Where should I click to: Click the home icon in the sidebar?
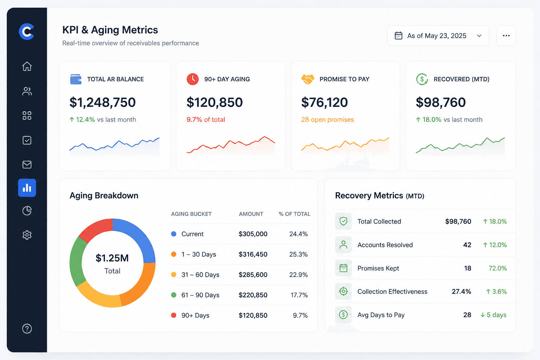coord(27,66)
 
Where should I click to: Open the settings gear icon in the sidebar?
coord(27,235)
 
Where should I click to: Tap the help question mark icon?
coord(27,329)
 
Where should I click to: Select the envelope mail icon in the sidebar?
coord(27,165)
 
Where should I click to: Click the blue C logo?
coord(26,32)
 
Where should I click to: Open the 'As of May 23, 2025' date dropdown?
coord(438,36)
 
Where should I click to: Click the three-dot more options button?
coord(506,36)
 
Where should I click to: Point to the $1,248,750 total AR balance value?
coord(103,102)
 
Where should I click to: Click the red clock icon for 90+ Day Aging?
coord(193,79)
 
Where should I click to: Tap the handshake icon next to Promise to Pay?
coord(308,79)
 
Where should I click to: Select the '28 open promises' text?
coord(327,120)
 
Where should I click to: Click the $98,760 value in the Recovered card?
coord(441,102)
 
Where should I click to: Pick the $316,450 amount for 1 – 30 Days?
coord(253,255)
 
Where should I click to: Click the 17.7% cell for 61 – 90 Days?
coord(299,295)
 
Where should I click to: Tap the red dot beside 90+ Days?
coord(174,315)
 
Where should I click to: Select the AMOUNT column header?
coord(251,214)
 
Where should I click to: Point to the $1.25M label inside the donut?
coord(112,258)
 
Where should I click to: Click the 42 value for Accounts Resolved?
coord(467,245)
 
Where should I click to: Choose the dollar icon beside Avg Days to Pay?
coord(343,315)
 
